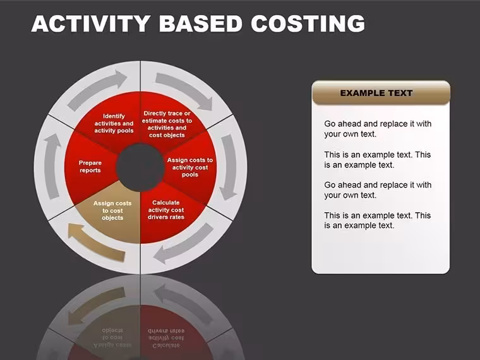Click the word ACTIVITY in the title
[x=90, y=23]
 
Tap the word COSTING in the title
[x=308, y=23]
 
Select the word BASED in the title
[x=200, y=23]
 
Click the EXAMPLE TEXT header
[x=376, y=93]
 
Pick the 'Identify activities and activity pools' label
[x=114, y=123]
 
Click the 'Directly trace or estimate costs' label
[x=167, y=124]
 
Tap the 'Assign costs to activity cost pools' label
[x=190, y=167]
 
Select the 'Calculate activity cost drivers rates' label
[x=166, y=210]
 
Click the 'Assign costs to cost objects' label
[x=112, y=210]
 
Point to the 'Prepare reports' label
[x=90, y=167]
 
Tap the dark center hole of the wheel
[x=140, y=167]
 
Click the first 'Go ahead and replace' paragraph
[x=378, y=129]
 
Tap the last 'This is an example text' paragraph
[x=378, y=220]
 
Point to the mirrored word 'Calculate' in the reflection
[x=166, y=346]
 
